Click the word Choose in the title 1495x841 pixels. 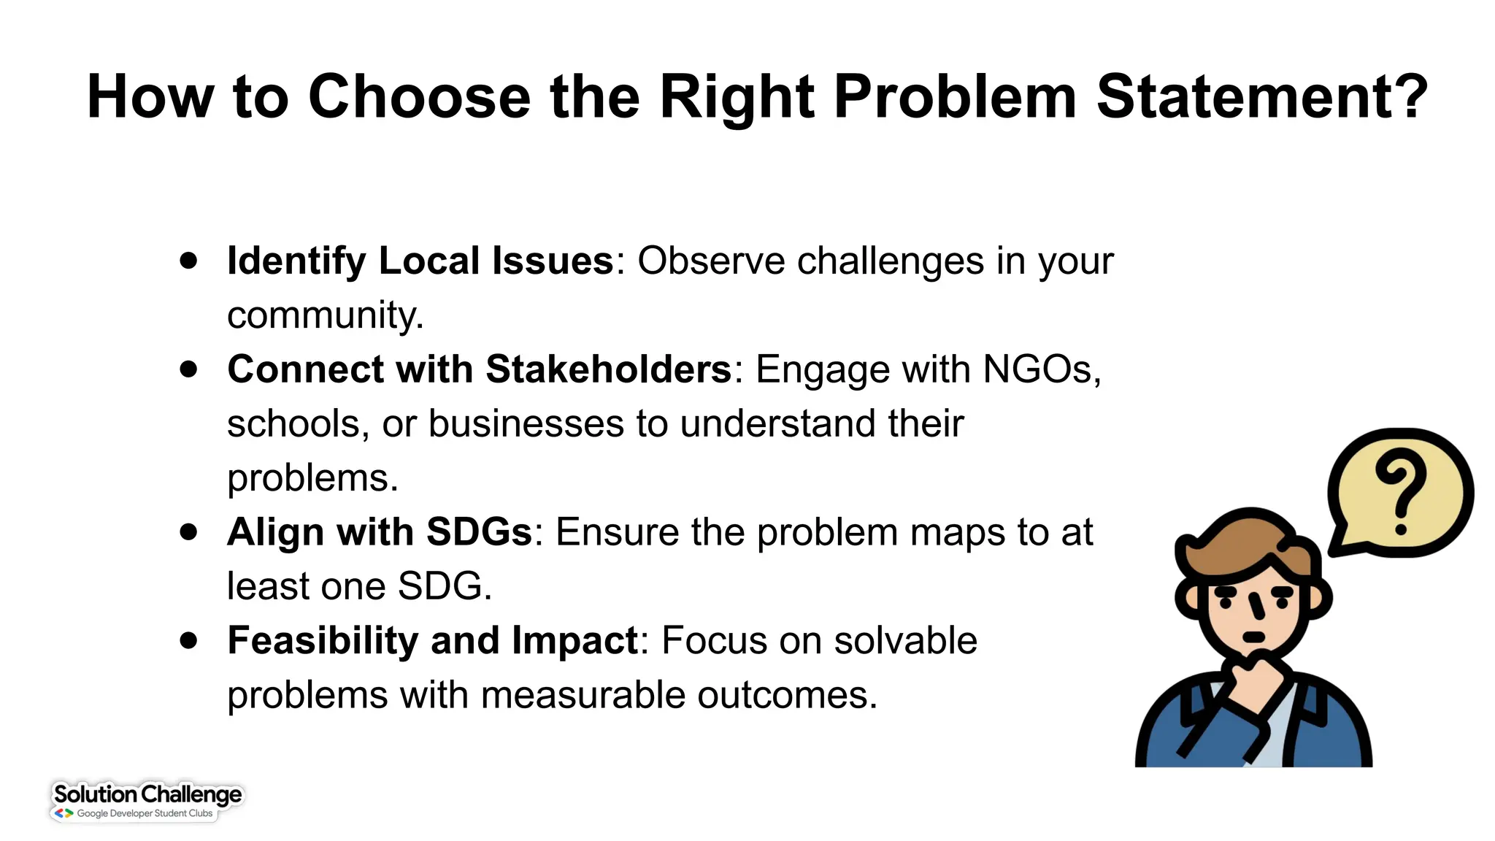pos(419,97)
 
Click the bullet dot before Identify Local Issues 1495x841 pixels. pos(189,261)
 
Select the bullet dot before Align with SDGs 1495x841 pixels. pos(189,532)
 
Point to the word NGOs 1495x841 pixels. pos(1041,369)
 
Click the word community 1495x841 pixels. pos(324,315)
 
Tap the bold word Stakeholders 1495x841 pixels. pos(608,369)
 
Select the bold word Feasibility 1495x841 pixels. pos(322,641)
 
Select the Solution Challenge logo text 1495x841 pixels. pos(147,794)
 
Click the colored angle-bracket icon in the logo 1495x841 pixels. pos(64,813)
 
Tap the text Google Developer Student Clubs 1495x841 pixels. pos(145,813)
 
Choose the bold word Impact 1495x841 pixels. pos(574,641)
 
